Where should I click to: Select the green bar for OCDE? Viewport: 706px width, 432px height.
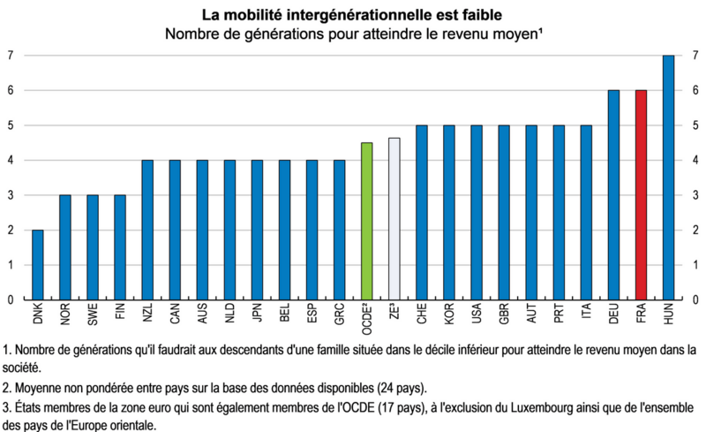pyautogui.click(x=367, y=221)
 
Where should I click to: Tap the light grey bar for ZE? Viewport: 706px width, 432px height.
pyautogui.click(x=394, y=218)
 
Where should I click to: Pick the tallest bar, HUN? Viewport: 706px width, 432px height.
pyautogui.click(x=668, y=177)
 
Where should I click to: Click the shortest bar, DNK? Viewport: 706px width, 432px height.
pyautogui.click(x=38, y=264)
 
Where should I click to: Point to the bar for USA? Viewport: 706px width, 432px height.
pyautogui.click(x=477, y=212)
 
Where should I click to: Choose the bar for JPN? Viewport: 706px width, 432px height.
pyautogui.click(x=258, y=230)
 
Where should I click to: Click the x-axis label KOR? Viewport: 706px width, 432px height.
pyautogui.click(x=449, y=315)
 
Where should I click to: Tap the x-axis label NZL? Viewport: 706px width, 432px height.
pyautogui.click(x=148, y=315)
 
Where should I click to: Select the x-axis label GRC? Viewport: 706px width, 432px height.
pyautogui.click(x=340, y=315)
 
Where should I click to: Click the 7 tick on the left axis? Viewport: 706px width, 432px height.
pyautogui.click(x=10, y=56)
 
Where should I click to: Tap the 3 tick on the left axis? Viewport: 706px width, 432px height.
pyautogui.click(x=10, y=195)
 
